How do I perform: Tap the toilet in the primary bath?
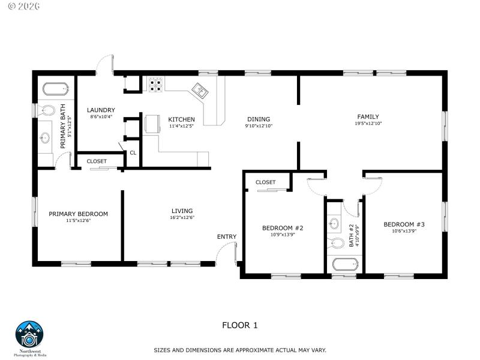pos(47,110)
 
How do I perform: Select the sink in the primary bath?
pos(45,139)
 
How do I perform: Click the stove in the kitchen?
pos(156,85)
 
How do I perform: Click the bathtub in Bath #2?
pos(344,264)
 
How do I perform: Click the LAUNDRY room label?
pos(101,110)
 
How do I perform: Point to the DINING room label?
pos(259,119)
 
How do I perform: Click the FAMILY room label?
pos(368,116)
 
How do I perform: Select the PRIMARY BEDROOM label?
pos(78,214)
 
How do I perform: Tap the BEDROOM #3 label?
pos(404,224)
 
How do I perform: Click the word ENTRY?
pos(227,236)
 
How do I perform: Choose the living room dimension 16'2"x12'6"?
pos(182,218)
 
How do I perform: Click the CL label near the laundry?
pos(133,153)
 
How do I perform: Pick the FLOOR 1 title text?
pos(239,325)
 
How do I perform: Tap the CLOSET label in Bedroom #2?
pos(265,182)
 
